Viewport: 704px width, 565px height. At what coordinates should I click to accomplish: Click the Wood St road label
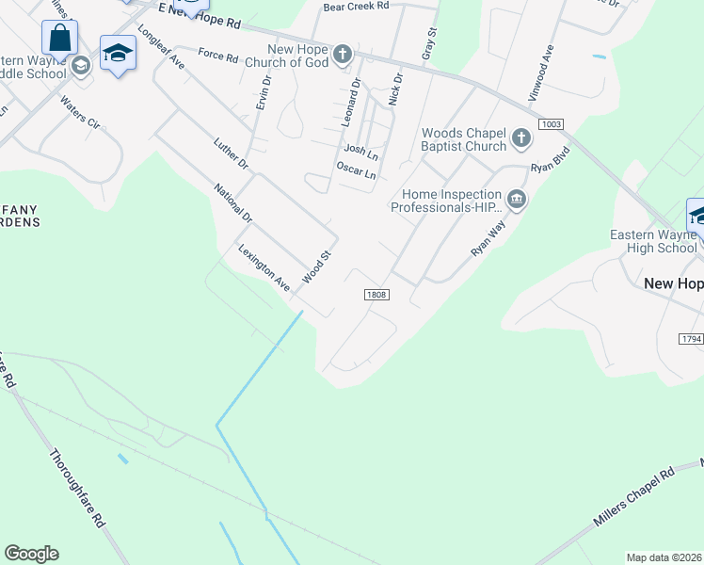tap(317, 267)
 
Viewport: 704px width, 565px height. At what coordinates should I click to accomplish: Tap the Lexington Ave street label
tap(264, 267)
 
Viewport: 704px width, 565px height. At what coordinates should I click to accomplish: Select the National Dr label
tap(233, 203)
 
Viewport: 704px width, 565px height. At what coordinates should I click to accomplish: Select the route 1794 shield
tap(691, 338)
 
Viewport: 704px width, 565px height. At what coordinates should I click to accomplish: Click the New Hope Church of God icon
tap(344, 55)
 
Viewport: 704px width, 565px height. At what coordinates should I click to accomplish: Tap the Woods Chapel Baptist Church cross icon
tap(520, 139)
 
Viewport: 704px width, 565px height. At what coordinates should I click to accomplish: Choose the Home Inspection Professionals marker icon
tap(516, 199)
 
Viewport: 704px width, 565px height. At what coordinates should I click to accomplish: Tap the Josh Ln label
tap(360, 150)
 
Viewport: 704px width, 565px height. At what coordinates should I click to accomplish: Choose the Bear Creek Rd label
tap(356, 6)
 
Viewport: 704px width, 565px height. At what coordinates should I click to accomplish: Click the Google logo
tap(31, 554)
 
